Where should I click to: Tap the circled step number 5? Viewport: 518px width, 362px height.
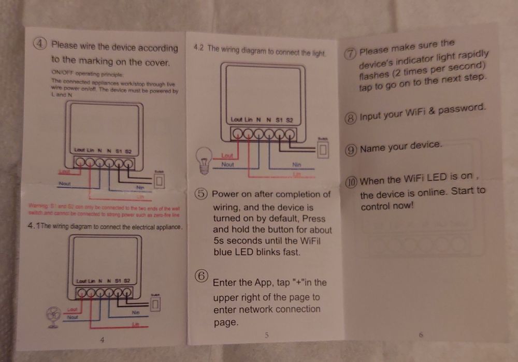tap(202, 194)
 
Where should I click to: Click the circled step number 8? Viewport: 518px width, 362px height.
tap(351, 119)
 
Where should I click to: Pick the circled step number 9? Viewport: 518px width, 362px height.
tap(351, 150)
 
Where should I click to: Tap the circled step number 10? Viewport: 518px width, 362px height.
tap(351, 182)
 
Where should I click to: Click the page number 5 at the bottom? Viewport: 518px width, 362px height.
tap(266, 335)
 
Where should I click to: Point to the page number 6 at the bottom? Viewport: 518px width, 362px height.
tap(421, 335)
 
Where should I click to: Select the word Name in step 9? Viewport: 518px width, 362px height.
tap(372, 149)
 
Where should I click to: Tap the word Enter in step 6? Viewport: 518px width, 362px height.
tap(225, 283)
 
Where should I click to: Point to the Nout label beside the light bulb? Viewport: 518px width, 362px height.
tap(228, 164)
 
